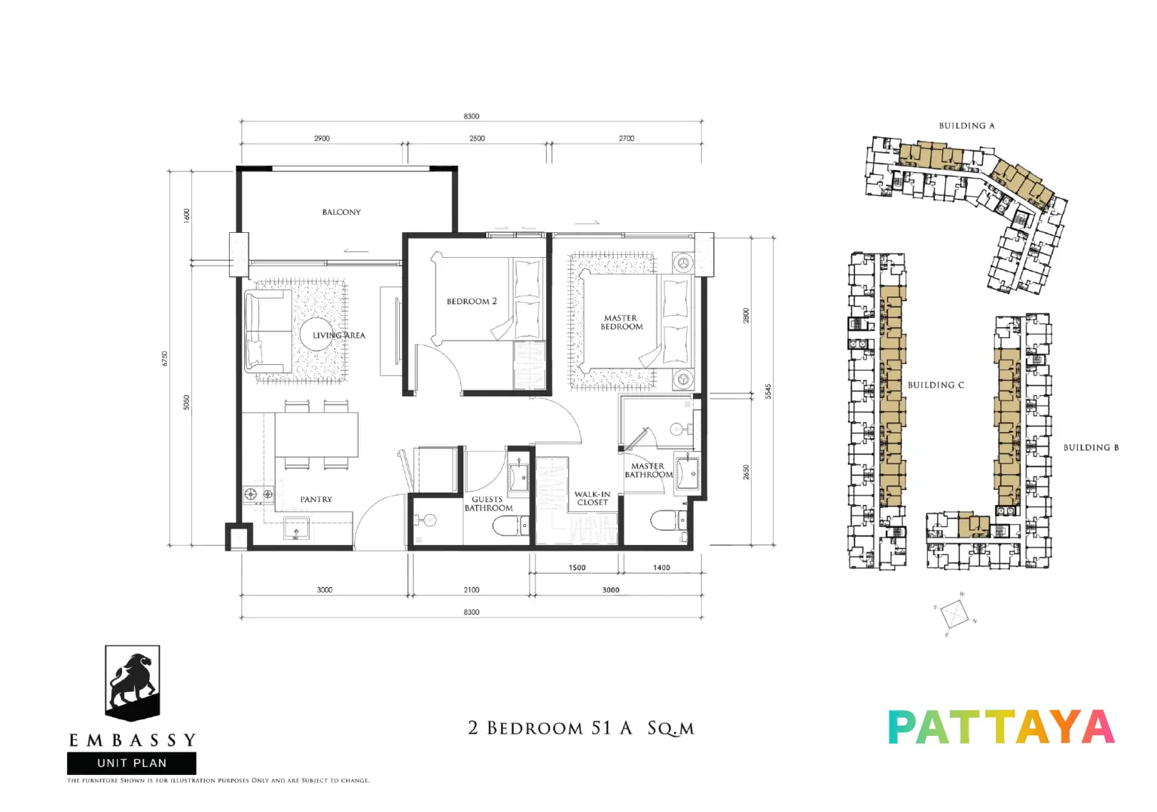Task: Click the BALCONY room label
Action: click(x=341, y=212)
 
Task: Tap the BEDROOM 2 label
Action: click(x=472, y=302)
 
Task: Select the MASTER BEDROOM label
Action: click(x=621, y=322)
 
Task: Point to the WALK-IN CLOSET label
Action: click(x=593, y=498)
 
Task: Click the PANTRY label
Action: click(x=316, y=499)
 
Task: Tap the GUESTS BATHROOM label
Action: click(x=488, y=504)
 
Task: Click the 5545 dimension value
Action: click(x=768, y=391)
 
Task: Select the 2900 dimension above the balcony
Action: click(x=322, y=139)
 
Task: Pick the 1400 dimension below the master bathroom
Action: click(x=661, y=568)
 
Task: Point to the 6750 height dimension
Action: click(x=164, y=359)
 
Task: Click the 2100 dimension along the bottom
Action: click(x=471, y=590)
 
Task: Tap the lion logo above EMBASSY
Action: click(x=133, y=683)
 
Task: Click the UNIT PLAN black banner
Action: click(x=132, y=763)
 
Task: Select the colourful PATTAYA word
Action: click(x=1001, y=727)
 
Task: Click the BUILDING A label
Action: click(x=966, y=126)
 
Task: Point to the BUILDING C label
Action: click(x=936, y=385)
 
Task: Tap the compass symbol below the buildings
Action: click(x=954, y=614)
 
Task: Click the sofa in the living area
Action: click(x=268, y=331)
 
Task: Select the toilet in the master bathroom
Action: click(x=669, y=520)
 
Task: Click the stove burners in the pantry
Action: click(x=258, y=494)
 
